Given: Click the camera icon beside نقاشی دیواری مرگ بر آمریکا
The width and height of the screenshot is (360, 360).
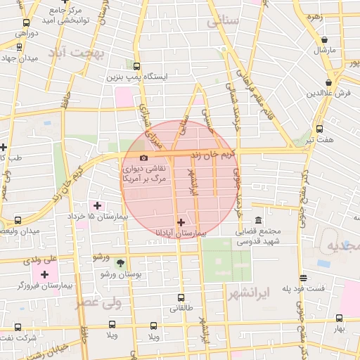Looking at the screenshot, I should tap(144, 158).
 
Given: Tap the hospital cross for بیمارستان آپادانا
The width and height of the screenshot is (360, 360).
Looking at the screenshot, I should tap(181, 221).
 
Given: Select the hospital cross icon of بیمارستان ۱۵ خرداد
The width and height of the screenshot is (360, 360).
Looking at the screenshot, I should tap(98, 205).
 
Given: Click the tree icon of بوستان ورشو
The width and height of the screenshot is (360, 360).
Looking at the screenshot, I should tap(121, 262).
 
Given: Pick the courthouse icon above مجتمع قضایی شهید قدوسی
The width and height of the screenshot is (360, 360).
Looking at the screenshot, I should tap(259, 220).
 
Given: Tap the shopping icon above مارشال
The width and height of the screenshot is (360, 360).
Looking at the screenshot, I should tap(324, 41).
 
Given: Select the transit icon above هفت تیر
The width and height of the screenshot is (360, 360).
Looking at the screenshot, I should tap(320, 129).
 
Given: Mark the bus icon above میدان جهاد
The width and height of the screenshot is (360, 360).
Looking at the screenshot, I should tap(18, 48).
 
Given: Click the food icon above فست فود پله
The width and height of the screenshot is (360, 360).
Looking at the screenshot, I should tap(303, 278).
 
